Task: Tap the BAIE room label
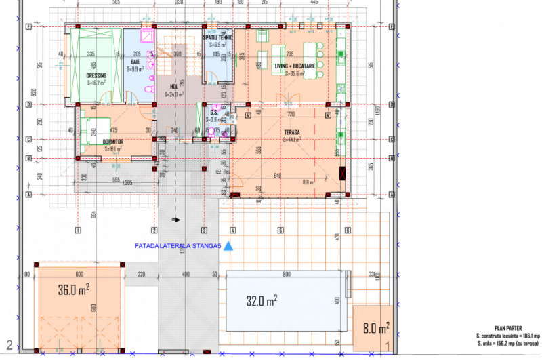[x=135, y=61]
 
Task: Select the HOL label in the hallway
[x=173, y=87]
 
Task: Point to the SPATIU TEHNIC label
[x=218, y=37]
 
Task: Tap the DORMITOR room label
[x=113, y=141]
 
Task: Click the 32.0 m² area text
[x=260, y=300]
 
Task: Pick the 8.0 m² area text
[x=374, y=329]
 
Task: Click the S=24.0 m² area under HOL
[x=173, y=95]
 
